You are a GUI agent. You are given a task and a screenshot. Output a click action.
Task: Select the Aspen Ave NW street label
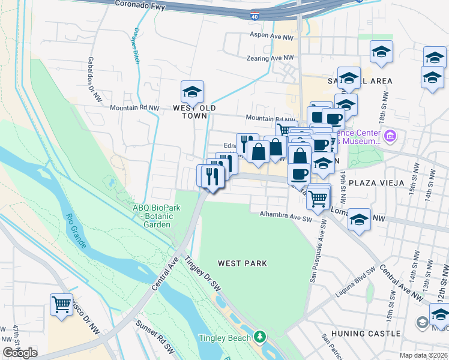tap(272, 37)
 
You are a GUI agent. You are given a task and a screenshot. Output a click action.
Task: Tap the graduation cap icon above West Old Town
tap(192, 92)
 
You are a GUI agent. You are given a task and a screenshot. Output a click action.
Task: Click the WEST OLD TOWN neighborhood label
tap(194, 112)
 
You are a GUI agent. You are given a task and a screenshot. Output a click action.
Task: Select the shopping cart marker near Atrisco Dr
tap(61, 305)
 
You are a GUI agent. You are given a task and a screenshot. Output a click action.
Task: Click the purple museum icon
tap(391, 136)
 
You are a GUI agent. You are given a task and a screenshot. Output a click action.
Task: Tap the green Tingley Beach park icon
tap(260, 337)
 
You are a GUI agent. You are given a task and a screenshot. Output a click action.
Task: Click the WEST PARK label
tap(242, 263)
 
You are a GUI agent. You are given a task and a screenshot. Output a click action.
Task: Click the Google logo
tap(20, 352)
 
